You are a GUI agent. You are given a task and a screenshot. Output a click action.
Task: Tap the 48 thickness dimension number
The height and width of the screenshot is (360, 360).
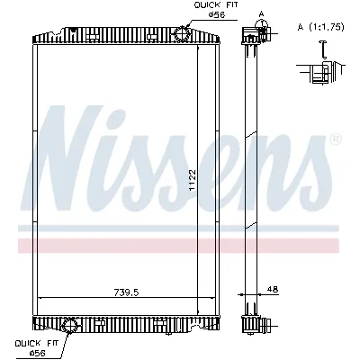[x=272, y=289]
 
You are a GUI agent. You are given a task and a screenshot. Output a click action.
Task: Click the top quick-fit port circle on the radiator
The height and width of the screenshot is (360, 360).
[x=180, y=34]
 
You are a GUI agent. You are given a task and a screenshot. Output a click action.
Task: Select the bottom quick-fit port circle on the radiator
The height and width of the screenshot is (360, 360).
[x=69, y=323]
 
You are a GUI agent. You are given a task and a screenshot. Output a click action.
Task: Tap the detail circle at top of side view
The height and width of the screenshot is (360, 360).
[x=261, y=34]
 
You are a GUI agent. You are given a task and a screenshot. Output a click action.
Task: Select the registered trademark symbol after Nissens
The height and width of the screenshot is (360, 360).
[x=336, y=141]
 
